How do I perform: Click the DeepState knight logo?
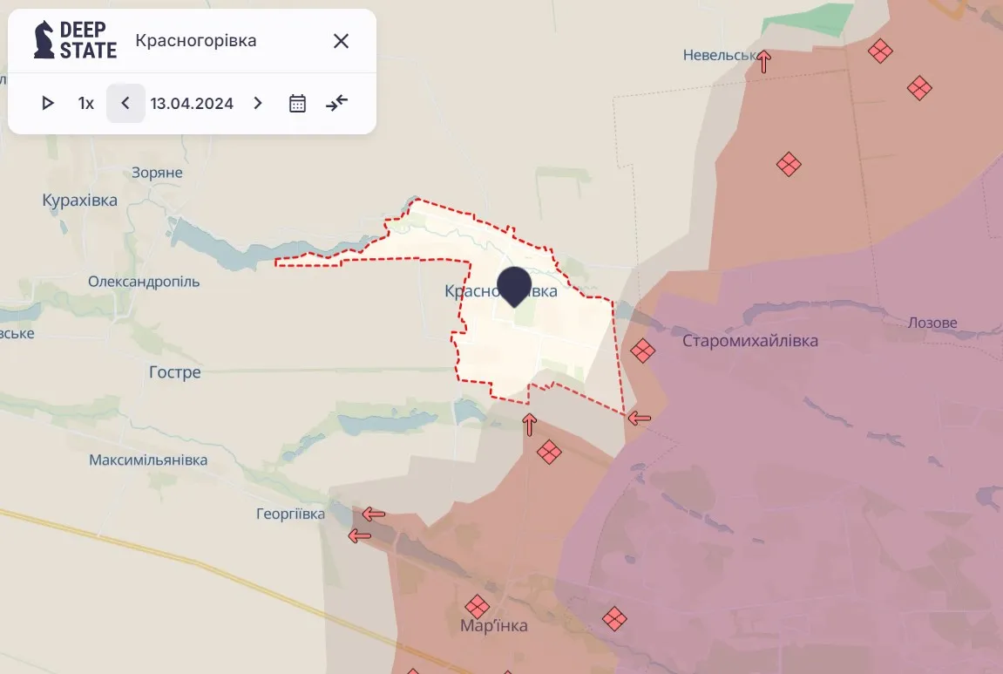(x=44, y=40)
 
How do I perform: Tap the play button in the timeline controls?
(x=48, y=103)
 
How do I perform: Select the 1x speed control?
(x=85, y=103)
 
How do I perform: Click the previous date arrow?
(x=125, y=103)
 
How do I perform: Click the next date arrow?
(x=257, y=103)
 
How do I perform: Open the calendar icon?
(x=297, y=103)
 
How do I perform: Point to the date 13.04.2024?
(x=192, y=103)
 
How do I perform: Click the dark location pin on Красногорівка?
(x=514, y=285)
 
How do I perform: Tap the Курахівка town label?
(x=79, y=201)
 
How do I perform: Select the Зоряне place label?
(x=157, y=173)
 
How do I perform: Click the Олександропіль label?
(x=144, y=282)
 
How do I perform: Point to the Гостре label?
(x=174, y=372)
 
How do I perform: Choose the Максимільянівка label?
(x=148, y=460)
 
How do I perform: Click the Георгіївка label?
(x=290, y=514)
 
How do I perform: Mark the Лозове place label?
(x=932, y=323)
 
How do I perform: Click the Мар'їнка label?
(x=493, y=625)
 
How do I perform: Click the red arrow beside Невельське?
(x=764, y=61)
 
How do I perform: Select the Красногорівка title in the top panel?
(x=196, y=41)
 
